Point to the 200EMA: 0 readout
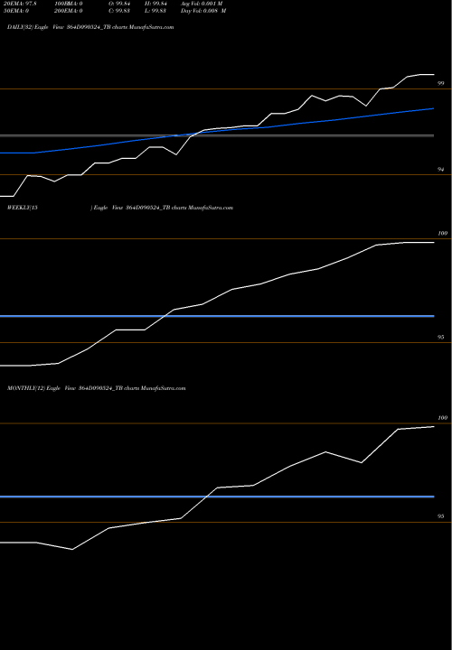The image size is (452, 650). (x=73, y=13)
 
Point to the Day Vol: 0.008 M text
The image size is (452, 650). (x=218, y=13)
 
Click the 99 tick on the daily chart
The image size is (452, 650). (x=441, y=83)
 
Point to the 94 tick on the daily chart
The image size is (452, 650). (x=441, y=170)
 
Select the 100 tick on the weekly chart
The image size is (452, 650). (x=442, y=234)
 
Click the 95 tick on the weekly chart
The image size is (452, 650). (x=441, y=338)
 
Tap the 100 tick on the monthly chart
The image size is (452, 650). (x=442, y=418)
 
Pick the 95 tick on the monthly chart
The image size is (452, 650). (x=441, y=517)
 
